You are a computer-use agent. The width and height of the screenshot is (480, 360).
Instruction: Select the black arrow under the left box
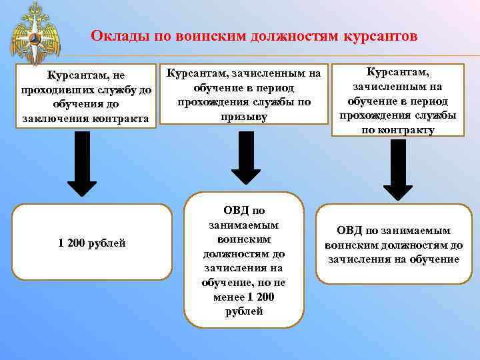point(82,163)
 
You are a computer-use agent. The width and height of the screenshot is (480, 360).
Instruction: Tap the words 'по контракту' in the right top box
point(397,129)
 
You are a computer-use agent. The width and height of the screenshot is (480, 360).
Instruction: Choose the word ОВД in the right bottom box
point(349,231)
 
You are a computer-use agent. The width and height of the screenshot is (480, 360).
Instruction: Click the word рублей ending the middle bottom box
point(244,311)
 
